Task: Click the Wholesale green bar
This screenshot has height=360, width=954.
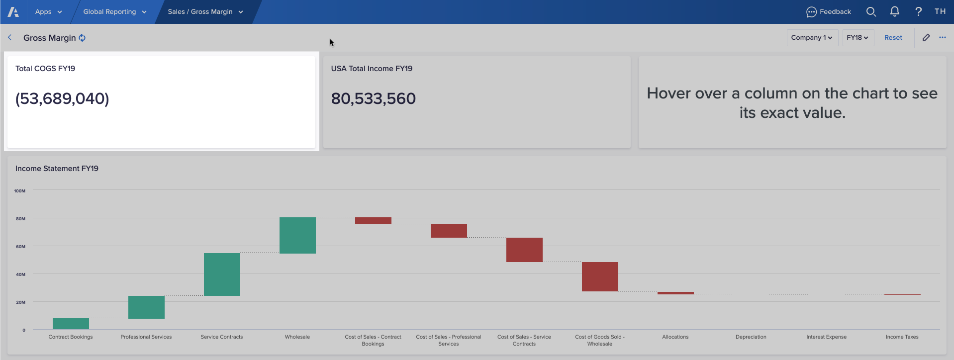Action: pos(297,235)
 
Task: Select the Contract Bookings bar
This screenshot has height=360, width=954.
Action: pos(71,324)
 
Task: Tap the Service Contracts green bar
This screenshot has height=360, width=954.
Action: pos(222,274)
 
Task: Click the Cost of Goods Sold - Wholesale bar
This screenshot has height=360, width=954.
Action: pos(600,276)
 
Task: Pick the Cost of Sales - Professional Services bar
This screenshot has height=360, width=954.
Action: pos(449,231)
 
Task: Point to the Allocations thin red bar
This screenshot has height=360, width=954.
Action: pos(675,293)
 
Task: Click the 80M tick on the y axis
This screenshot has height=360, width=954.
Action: pos(20,219)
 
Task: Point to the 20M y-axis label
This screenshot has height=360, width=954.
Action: pos(20,302)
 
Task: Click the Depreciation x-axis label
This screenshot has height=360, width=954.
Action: pos(751,337)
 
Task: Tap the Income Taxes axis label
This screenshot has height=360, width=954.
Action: pos(902,337)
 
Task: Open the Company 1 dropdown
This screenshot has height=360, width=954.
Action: pos(812,38)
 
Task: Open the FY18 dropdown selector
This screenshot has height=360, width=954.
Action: pos(858,38)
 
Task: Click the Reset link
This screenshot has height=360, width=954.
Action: pos(893,38)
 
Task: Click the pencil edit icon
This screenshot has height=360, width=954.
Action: pos(926,38)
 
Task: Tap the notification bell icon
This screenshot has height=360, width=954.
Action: pos(894,11)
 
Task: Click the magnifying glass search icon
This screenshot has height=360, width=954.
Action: pos(871,11)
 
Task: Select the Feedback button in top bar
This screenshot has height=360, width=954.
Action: pos(829,11)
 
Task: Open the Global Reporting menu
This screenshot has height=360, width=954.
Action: pos(114,11)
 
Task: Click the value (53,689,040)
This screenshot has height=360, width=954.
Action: pos(62,98)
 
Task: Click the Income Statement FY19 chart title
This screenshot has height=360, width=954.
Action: pos(57,169)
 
